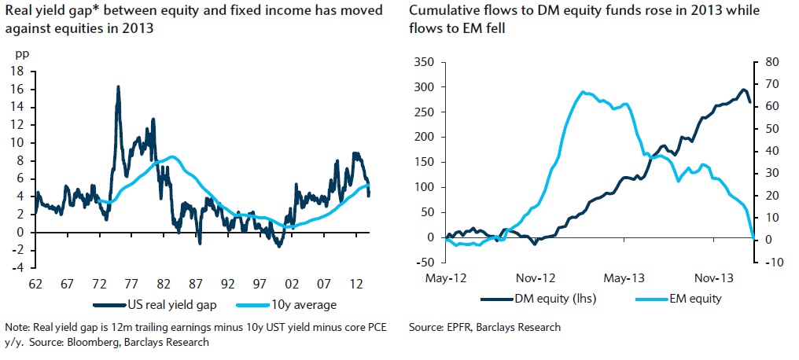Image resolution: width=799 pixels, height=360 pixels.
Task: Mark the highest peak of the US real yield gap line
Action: (x=118, y=86)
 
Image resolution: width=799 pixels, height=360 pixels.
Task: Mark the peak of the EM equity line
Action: (x=583, y=92)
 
